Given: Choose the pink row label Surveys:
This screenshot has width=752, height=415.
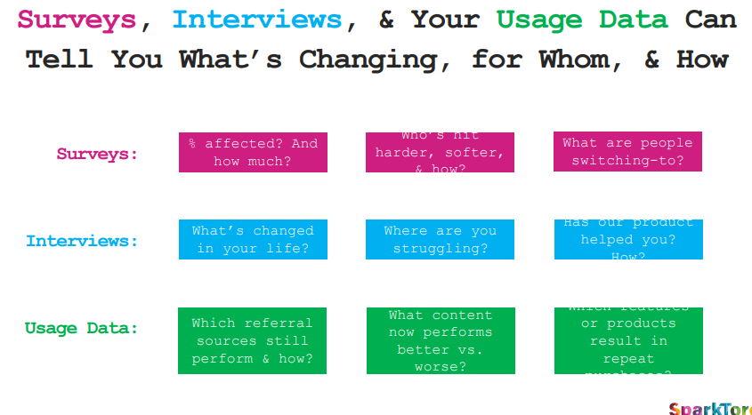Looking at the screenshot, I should [x=97, y=154].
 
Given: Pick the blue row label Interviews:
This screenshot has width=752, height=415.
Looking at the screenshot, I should [x=82, y=241].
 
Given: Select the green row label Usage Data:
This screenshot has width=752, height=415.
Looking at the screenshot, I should [x=81, y=328].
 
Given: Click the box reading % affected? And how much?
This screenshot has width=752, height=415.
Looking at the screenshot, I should [x=253, y=152].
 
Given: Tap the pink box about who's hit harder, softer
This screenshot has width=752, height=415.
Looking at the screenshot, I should [x=440, y=152].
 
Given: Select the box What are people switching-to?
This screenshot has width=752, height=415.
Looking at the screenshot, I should [x=627, y=152].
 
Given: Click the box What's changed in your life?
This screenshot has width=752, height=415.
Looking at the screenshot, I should [x=253, y=240].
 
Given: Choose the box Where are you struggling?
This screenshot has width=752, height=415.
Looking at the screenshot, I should [x=440, y=240].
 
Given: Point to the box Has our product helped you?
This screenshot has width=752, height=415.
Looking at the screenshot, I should [x=627, y=240].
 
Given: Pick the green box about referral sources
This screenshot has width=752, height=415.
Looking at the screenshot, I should [x=252, y=340].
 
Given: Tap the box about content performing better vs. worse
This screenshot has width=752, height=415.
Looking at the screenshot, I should [x=440, y=340].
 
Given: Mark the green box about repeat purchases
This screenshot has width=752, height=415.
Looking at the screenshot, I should [x=627, y=340].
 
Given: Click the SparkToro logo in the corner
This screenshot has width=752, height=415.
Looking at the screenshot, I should [x=709, y=408].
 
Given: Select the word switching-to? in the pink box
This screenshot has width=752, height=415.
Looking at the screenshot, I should [x=627, y=161].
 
